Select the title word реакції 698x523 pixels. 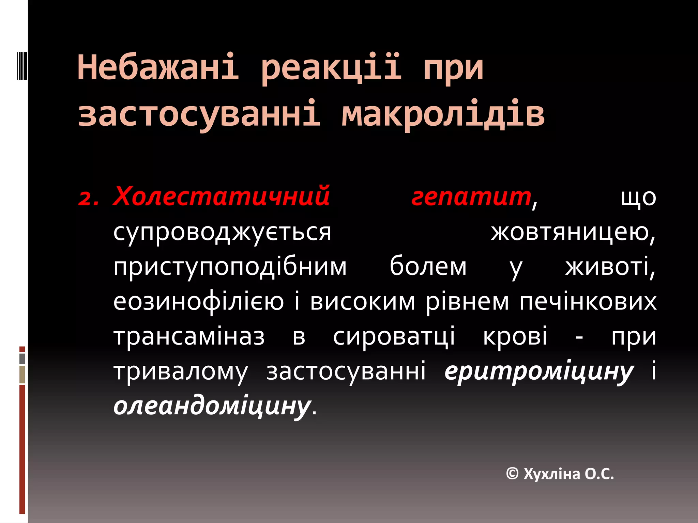pos(331,67)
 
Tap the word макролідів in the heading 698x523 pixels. pos(443,114)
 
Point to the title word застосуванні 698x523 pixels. pos(199,114)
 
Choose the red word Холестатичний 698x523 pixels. pos(222,196)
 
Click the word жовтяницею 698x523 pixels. pos(573,233)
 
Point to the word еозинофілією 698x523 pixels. pos(198,302)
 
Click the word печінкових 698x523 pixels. pos(588,302)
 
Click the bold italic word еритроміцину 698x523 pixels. pos(539,372)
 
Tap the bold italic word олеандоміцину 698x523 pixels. pos(212,407)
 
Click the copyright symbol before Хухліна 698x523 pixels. pos(512,474)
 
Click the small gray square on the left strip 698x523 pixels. pos(22,359)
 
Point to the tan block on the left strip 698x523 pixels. pos(22,375)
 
